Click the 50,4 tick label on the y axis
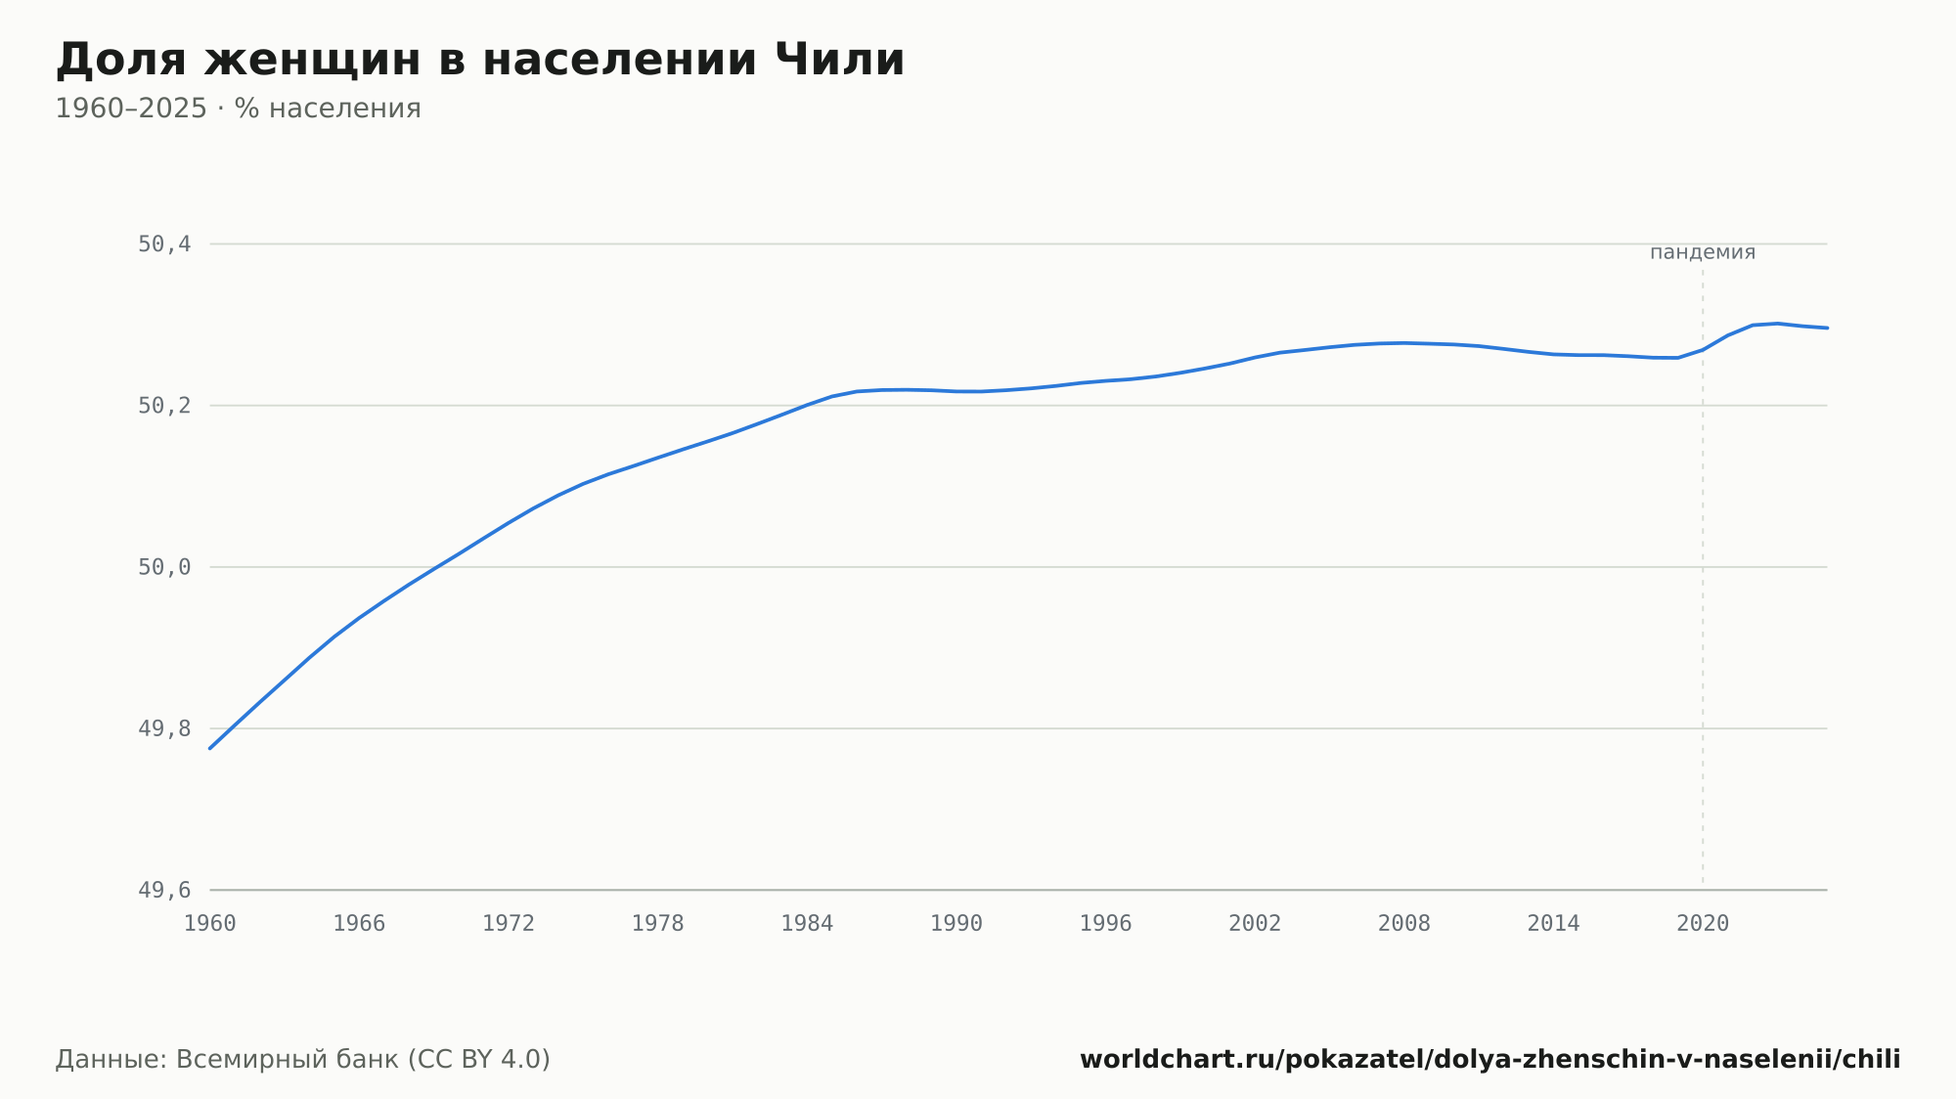(x=164, y=244)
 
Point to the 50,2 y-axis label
(x=164, y=406)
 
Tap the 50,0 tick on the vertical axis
(x=164, y=567)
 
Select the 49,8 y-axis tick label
(x=164, y=728)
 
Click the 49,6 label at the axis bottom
(x=164, y=890)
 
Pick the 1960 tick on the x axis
(x=210, y=924)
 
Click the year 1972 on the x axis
(x=509, y=924)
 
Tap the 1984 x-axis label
(x=807, y=924)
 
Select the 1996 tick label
(x=1105, y=924)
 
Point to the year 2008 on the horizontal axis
(x=1404, y=924)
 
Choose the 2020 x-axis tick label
(x=1703, y=924)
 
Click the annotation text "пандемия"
(x=1703, y=252)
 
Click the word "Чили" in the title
(x=840, y=60)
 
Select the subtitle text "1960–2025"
(x=131, y=109)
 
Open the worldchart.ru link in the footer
(x=1490, y=1059)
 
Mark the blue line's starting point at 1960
(x=210, y=749)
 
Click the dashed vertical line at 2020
(x=1703, y=577)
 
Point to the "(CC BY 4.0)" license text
(x=479, y=1059)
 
